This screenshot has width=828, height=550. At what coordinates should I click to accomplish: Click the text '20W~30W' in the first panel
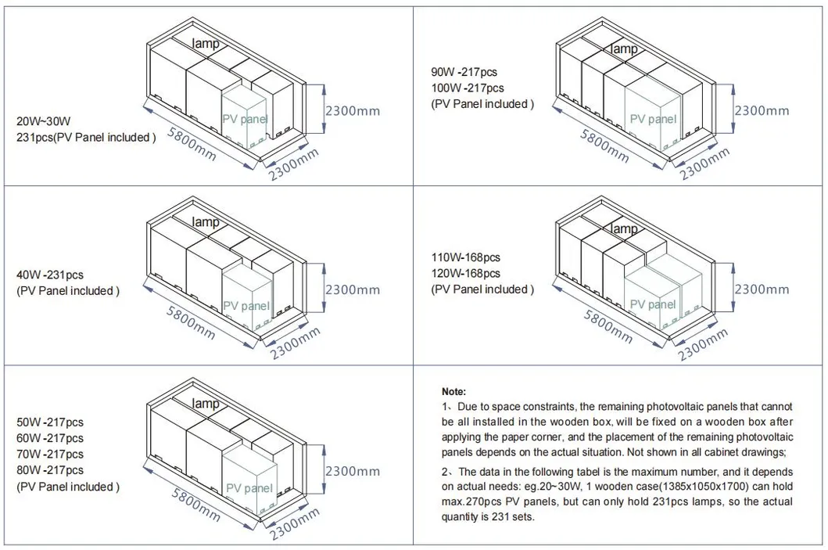[44, 121]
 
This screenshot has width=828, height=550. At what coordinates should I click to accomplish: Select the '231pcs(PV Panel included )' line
[86, 137]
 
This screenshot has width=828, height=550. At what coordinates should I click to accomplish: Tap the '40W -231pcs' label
[49, 275]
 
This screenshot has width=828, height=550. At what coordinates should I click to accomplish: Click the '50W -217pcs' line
[49, 422]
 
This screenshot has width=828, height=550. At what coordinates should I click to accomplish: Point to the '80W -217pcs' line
[49, 470]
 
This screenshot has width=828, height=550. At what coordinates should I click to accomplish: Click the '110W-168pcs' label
[466, 257]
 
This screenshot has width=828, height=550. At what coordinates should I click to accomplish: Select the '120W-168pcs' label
[466, 273]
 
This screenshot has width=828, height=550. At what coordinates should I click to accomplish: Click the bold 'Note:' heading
[453, 390]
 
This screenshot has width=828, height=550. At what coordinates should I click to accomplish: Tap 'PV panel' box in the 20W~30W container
[246, 120]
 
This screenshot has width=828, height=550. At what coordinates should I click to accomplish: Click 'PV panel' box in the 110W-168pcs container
[653, 304]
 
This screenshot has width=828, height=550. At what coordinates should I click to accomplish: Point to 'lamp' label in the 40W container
[206, 223]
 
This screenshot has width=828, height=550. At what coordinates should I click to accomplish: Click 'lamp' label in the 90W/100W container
[624, 49]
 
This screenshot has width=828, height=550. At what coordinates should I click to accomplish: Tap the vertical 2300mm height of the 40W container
[353, 290]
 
